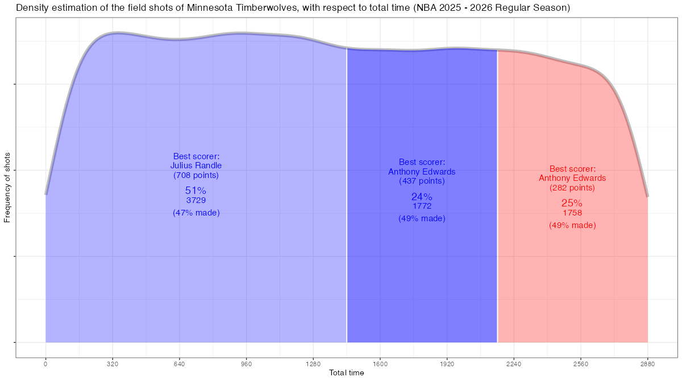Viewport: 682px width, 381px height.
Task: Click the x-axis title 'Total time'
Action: [347, 373]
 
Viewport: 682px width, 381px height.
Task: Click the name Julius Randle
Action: [196, 165]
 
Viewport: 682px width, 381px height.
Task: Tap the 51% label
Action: [196, 191]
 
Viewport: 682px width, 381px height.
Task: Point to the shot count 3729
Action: [196, 200]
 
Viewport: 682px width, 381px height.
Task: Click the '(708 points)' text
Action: [196, 175]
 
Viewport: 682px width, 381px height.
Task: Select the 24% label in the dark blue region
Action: [422, 197]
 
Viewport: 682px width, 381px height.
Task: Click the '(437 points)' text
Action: [422, 181]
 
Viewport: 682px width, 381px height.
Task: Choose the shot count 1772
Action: [422, 206]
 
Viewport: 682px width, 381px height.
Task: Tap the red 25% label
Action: [572, 203]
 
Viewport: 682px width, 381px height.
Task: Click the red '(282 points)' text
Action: [572, 188]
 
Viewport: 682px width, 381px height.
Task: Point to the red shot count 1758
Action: [572, 213]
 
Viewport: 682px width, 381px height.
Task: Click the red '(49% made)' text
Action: [572, 225]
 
